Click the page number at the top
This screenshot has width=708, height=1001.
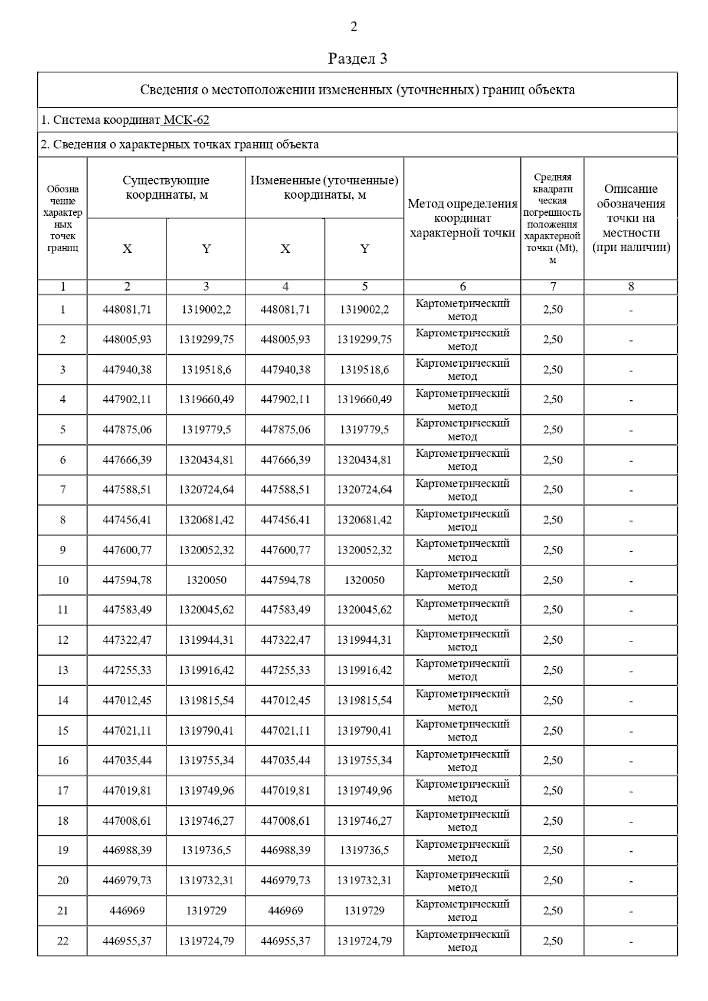tap(353, 27)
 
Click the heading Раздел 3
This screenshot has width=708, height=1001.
tap(357, 58)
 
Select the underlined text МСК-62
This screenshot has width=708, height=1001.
tap(186, 120)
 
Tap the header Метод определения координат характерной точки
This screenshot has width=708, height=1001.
tap(463, 218)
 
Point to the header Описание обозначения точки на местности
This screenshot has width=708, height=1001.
tap(631, 218)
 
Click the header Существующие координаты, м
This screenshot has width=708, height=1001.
tap(166, 187)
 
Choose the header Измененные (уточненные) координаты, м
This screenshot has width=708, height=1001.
tap(324, 187)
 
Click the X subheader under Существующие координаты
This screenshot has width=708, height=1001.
tap(127, 249)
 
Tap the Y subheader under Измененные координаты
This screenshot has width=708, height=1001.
tap(365, 249)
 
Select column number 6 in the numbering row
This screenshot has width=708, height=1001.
tap(463, 287)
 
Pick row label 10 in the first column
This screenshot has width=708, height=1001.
tap(63, 580)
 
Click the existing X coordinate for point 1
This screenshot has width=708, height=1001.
tap(127, 309)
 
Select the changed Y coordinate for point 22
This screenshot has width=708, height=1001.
tap(364, 941)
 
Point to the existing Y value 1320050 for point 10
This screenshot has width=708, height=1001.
tap(206, 580)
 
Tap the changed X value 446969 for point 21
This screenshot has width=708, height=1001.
tap(286, 911)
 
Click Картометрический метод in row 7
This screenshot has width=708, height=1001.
tap(463, 490)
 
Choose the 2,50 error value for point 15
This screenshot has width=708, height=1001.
tap(553, 730)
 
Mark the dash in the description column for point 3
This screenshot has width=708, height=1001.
tap(631, 370)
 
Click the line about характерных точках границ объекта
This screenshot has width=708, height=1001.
tap(180, 144)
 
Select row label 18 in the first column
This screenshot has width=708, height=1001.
tap(63, 821)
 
